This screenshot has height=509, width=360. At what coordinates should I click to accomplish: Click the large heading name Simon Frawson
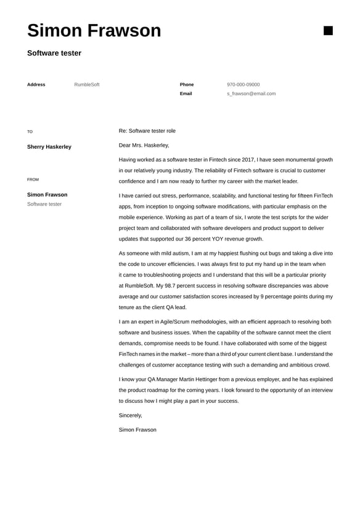94,31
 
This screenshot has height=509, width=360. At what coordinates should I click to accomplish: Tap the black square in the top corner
328,31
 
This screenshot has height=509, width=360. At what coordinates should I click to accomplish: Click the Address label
36,85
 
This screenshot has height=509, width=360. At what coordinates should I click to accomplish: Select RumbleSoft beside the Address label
86,85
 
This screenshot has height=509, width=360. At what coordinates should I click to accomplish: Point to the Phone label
187,85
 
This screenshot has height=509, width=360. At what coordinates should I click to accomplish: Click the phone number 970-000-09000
243,85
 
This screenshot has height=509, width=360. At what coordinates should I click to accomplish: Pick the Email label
186,94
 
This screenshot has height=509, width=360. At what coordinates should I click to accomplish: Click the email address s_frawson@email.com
251,94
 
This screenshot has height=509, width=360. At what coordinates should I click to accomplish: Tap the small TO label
30,131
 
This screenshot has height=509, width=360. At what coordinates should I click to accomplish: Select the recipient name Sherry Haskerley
49,147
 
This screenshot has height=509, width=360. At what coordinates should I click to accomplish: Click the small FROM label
33,180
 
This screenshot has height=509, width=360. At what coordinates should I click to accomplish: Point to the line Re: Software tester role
147,131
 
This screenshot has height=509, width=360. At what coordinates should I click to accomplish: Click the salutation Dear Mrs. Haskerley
144,145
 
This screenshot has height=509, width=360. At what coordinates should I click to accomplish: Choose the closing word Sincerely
130,415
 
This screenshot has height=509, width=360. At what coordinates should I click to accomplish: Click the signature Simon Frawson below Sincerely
137,429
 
